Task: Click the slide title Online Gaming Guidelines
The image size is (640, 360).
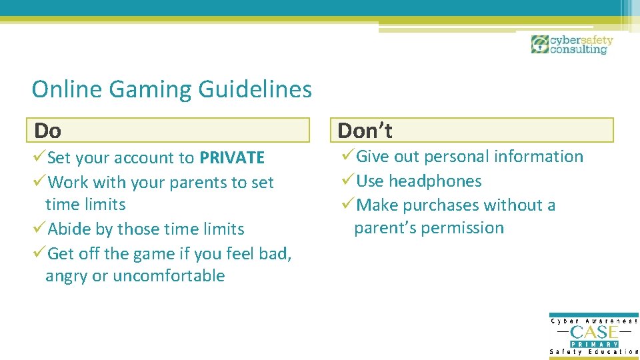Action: coord(171,89)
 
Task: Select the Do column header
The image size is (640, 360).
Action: coord(48,130)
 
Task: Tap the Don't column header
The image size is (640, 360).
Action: coord(365,130)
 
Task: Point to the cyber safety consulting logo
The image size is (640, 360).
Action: coord(571,45)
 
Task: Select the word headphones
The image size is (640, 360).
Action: coord(435,181)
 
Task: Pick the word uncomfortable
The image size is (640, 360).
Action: coord(169,276)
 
